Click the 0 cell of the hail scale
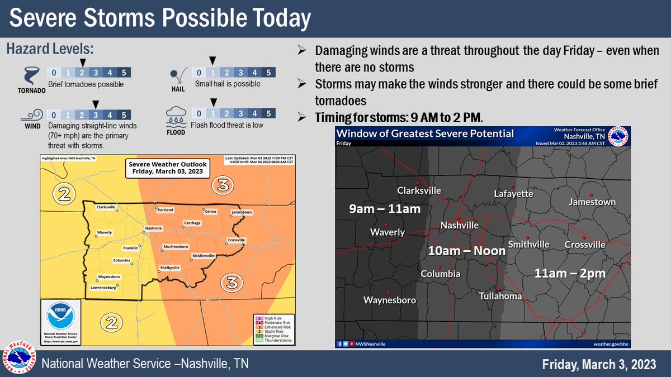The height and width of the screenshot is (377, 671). [198, 72]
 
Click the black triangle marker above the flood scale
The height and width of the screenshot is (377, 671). [212, 102]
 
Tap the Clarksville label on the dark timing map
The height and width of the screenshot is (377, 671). [419, 190]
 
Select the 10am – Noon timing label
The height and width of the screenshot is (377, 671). [466, 251]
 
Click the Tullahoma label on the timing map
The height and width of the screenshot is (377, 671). [500, 296]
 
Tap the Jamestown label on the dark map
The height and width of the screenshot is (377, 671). [592, 202]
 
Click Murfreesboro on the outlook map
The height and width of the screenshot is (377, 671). [174, 246]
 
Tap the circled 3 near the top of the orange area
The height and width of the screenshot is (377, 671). [222, 185]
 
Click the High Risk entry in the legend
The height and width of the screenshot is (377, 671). [273, 317]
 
